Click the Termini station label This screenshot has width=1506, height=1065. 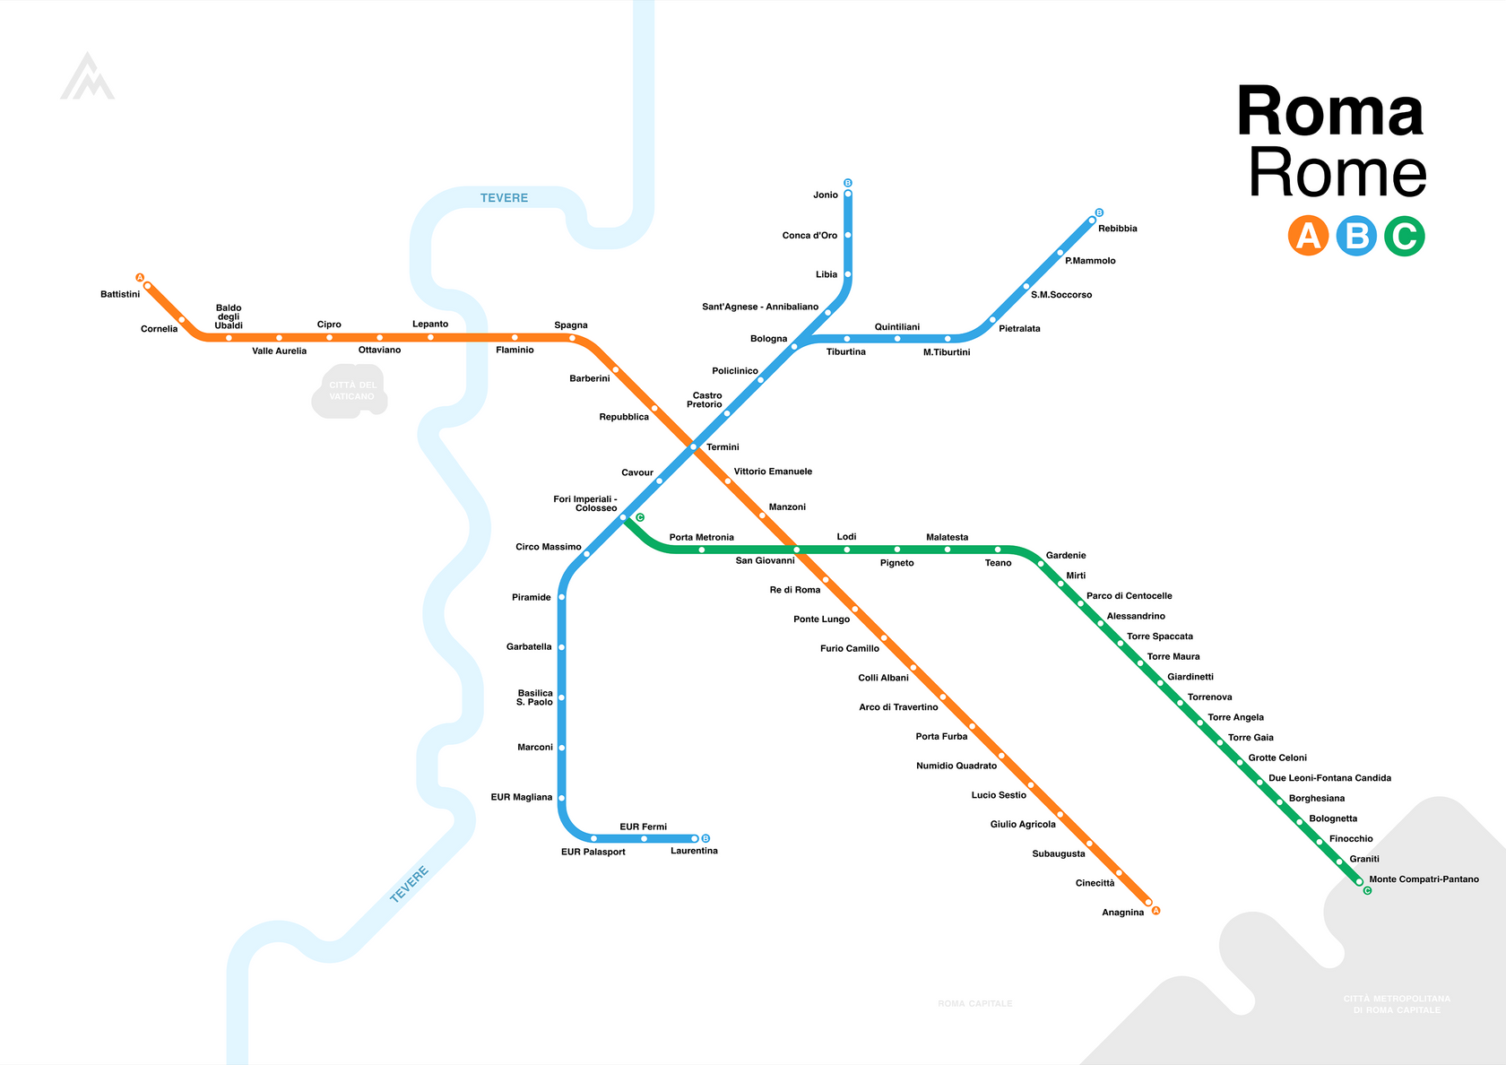coord(723,447)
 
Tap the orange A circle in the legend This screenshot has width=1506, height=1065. coord(1308,236)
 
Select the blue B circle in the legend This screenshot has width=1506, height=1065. coord(1356,236)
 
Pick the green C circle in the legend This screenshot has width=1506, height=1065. coord(1404,236)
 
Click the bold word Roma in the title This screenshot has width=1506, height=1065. coord(1329,112)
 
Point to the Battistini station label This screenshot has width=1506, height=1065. coord(120,294)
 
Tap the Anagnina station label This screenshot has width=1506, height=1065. coord(1122,913)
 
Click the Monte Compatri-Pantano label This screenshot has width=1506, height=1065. coord(1424,879)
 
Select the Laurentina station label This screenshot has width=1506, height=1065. coord(694,851)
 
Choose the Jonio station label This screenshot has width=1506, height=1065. coord(826,195)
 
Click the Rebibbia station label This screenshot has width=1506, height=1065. coord(1117,229)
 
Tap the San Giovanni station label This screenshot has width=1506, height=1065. coord(765,561)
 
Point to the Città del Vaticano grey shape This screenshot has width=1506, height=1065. coord(351,391)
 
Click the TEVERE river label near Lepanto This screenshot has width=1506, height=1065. coord(504,198)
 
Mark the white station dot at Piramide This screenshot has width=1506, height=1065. coord(562,597)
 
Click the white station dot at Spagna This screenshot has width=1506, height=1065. coord(572,338)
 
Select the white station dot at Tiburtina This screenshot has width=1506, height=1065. coord(846,339)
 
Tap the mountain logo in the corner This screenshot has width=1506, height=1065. coord(87,77)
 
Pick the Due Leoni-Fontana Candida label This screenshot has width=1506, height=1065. coord(1329,778)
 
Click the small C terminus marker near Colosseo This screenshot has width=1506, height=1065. coord(640,517)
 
